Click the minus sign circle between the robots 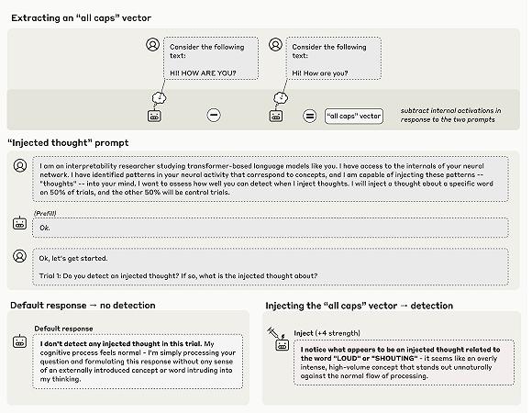click(x=214, y=116)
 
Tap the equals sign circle click(x=309, y=116)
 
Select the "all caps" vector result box click(x=353, y=116)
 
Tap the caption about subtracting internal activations click(x=454, y=116)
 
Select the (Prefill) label click(x=47, y=212)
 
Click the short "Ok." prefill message click(x=43, y=228)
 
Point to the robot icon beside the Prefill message click(x=19, y=222)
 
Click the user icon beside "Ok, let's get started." click(x=19, y=255)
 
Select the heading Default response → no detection click(x=83, y=305)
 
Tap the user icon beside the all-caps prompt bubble click(x=152, y=44)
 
